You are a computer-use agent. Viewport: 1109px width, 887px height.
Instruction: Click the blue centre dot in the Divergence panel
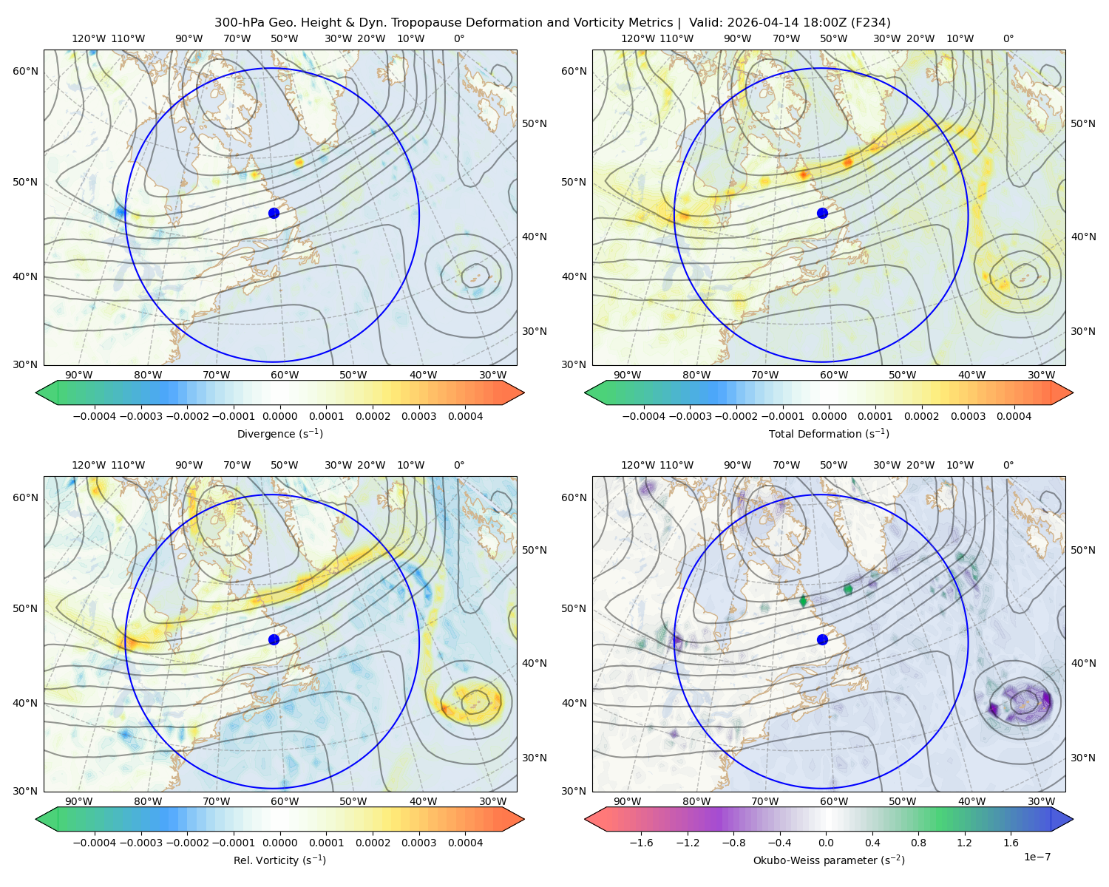(274, 213)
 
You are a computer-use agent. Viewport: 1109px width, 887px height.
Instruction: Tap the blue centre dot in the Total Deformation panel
(822, 213)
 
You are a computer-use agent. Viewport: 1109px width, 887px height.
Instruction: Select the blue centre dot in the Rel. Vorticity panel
(274, 639)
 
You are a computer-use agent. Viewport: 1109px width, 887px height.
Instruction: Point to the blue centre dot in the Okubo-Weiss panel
(822, 639)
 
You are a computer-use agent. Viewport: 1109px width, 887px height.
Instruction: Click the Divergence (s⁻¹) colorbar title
(279, 433)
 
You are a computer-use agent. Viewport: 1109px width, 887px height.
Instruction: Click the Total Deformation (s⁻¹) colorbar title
(829, 433)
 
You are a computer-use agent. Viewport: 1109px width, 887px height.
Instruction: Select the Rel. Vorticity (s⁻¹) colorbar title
(279, 860)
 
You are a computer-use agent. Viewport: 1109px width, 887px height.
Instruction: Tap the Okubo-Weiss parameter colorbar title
(829, 860)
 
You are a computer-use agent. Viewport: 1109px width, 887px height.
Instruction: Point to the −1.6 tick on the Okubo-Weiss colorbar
(642, 843)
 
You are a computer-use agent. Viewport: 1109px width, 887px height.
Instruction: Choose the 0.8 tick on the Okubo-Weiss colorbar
(918, 843)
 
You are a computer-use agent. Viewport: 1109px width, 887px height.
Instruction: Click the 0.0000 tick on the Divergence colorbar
(279, 416)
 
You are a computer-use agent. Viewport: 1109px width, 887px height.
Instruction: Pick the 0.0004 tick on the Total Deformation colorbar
(1014, 416)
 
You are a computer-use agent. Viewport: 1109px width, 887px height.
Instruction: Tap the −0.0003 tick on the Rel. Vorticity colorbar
(140, 843)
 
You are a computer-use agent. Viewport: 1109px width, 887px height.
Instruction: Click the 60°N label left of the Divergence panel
(25, 71)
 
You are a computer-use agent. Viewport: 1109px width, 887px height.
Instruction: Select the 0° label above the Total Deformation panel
(1008, 38)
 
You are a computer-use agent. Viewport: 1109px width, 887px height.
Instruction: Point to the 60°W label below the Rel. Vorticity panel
(285, 801)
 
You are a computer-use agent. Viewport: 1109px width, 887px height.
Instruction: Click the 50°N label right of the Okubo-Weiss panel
(1083, 550)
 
